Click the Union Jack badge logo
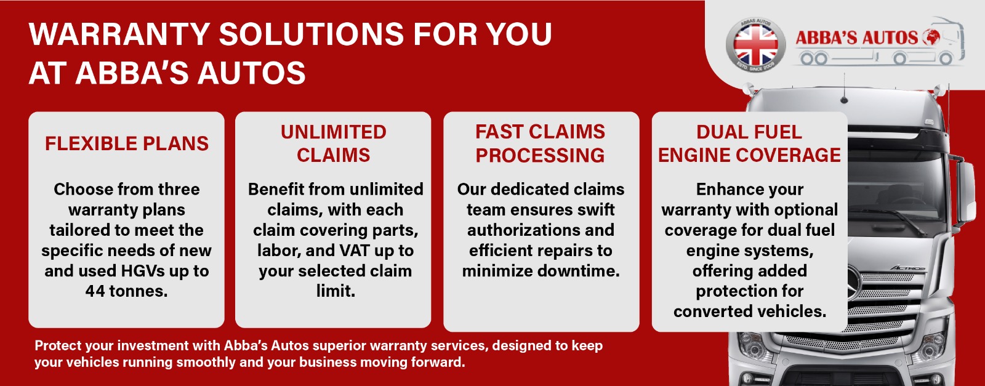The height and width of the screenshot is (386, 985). coord(755,46)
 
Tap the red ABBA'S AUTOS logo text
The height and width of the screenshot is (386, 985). coord(856,38)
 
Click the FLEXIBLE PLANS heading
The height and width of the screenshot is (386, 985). coord(127,144)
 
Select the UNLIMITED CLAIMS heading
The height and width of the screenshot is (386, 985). coord(333,143)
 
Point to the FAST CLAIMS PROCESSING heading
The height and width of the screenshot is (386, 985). coord(540,143)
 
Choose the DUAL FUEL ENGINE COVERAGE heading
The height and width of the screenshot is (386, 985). coord(749,143)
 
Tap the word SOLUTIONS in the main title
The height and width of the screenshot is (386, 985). coord(312,34)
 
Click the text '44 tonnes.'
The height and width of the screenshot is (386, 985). coord(127,291)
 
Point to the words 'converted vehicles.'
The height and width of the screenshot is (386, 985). coord(750,312)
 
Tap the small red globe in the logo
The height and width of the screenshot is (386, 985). coord(930,37)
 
